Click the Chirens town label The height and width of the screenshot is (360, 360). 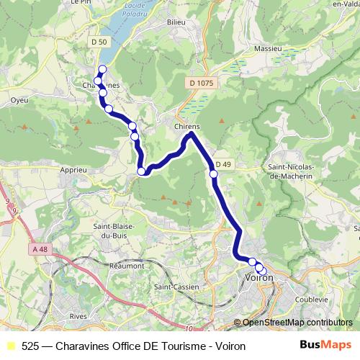coord(186,126)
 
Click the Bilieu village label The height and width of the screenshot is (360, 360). coord(176,22)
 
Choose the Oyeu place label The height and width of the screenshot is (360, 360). coord(19,100)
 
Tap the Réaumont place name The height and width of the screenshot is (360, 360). coord(127,265)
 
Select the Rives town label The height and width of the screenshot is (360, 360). coord(79,316)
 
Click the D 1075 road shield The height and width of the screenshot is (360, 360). coord(202,83)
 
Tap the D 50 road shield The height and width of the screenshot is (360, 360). coord(99,42)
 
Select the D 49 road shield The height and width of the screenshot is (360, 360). coord(222,164)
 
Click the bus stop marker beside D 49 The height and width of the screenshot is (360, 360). coord(213,174)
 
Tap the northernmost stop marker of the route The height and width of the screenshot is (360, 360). coord(102,69)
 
